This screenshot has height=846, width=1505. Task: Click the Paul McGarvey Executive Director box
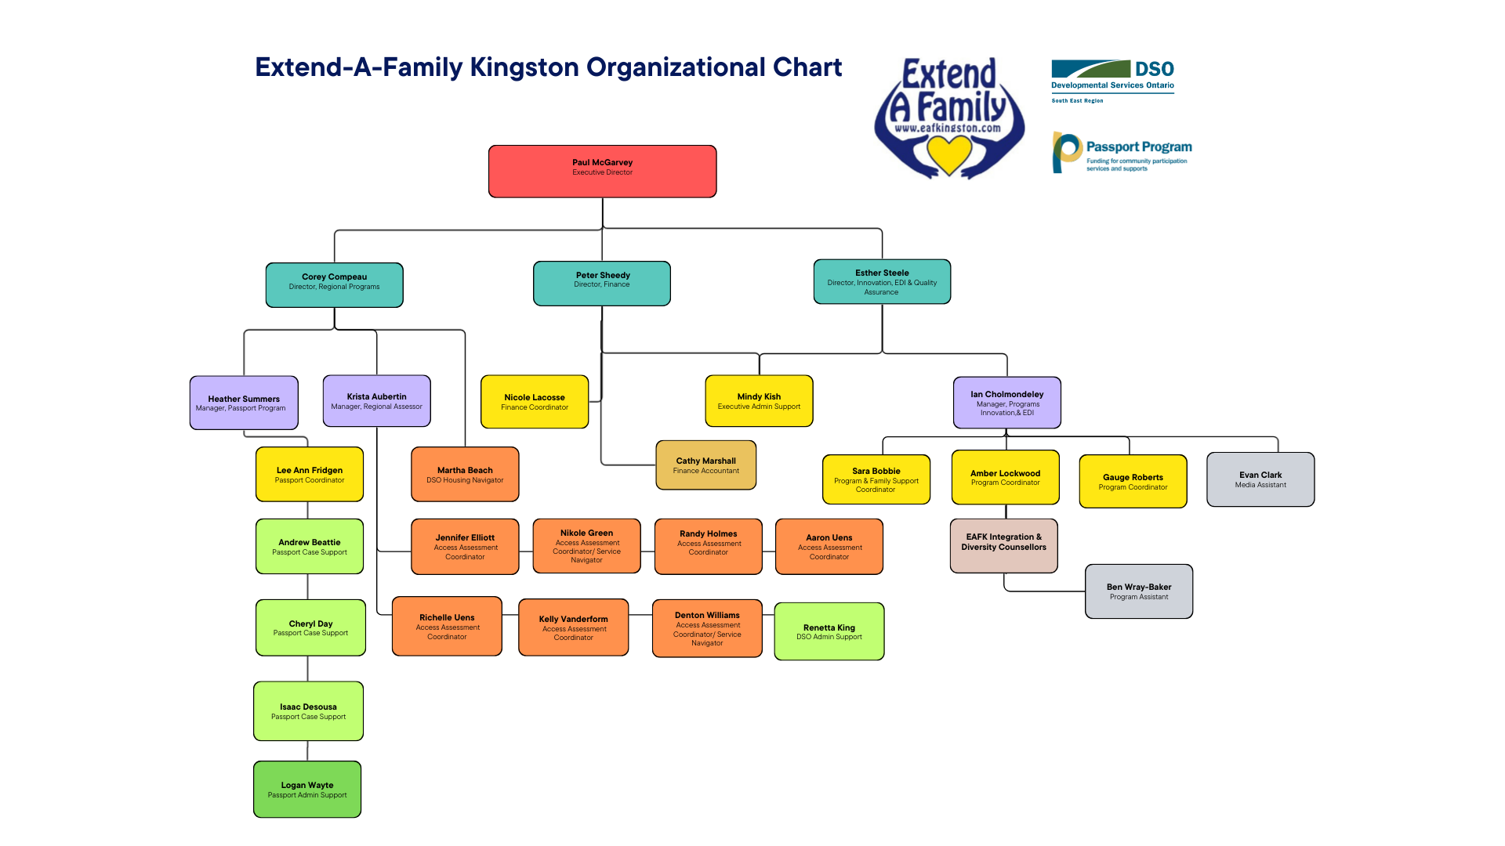pos(602,171)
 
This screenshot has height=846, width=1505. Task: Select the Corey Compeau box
pos(334,284)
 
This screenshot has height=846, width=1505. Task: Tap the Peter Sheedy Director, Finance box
pos(602,283)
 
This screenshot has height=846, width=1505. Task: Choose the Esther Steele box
pos(882,281)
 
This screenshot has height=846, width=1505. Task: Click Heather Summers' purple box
pos(244,403)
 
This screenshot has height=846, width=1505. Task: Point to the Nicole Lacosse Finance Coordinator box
pos(535,401)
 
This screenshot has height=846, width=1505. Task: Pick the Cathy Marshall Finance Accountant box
pos(705,465)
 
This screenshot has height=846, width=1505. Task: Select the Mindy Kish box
pos(759,400)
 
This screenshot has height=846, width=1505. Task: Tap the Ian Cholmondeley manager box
pos(1006,403)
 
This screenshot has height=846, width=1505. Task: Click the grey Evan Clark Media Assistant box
pos(1260,479)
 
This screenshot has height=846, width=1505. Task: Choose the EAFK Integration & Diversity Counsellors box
pos(1003,545)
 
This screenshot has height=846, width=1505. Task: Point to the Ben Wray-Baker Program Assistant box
pos(1139,591)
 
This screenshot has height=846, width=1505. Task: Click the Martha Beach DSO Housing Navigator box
pos(465,474)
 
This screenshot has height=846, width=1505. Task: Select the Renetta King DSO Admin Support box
pos(829,631)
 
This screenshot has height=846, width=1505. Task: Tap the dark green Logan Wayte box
pos(307,789)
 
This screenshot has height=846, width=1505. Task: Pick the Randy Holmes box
pos(708,546)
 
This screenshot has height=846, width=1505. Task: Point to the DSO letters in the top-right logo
pos(1154,69)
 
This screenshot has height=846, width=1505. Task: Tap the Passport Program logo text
pos(1138,146)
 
